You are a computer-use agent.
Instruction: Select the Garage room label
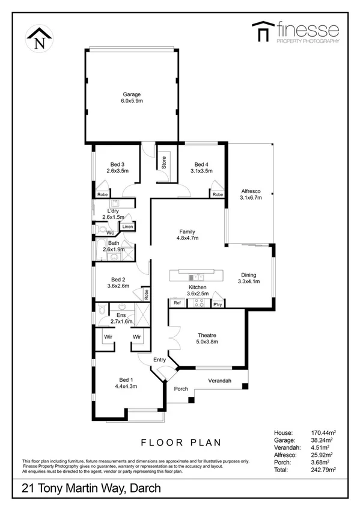(132, 95)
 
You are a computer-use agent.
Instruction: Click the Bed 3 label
(117, 164)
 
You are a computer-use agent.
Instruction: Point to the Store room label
(162, 162)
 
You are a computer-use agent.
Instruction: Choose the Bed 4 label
(201, 164)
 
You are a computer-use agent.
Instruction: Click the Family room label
(187, 232)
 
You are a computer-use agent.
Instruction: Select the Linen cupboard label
(127, 227)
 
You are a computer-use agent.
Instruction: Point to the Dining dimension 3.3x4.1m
(248, 281)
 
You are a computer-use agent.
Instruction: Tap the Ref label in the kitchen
(177, 303)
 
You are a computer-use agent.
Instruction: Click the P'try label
(218, 304)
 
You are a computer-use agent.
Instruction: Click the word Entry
(159, 360)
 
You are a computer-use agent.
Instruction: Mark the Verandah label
(221, 381)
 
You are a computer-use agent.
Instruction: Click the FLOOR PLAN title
(181, 443)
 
